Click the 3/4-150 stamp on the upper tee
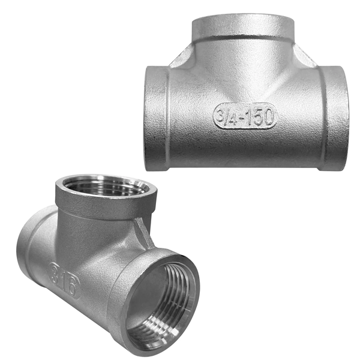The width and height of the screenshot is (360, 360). coord(245,116)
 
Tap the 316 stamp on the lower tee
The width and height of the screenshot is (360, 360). coord(65,281)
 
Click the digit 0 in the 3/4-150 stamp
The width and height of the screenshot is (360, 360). coord(268,116)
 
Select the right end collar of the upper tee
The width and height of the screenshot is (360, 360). coord(334,119)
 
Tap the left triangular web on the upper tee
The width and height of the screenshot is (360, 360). coord(181,56)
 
